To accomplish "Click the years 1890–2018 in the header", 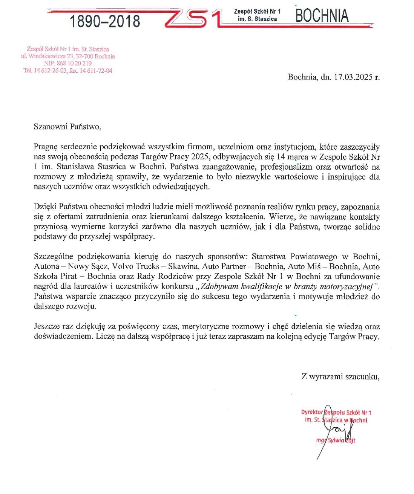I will (x=104, y=21).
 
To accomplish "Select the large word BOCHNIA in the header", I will (x=322, y=16).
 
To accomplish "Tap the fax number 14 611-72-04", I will (x=96, y=70).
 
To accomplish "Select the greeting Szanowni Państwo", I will (x=67, y=127).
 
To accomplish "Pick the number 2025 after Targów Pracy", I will (x=200, y=157).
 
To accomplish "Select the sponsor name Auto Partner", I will (x=224, y=266).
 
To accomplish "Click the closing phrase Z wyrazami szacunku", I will (x=340, y=376).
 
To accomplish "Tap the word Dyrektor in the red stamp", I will (x=312, y=412).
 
